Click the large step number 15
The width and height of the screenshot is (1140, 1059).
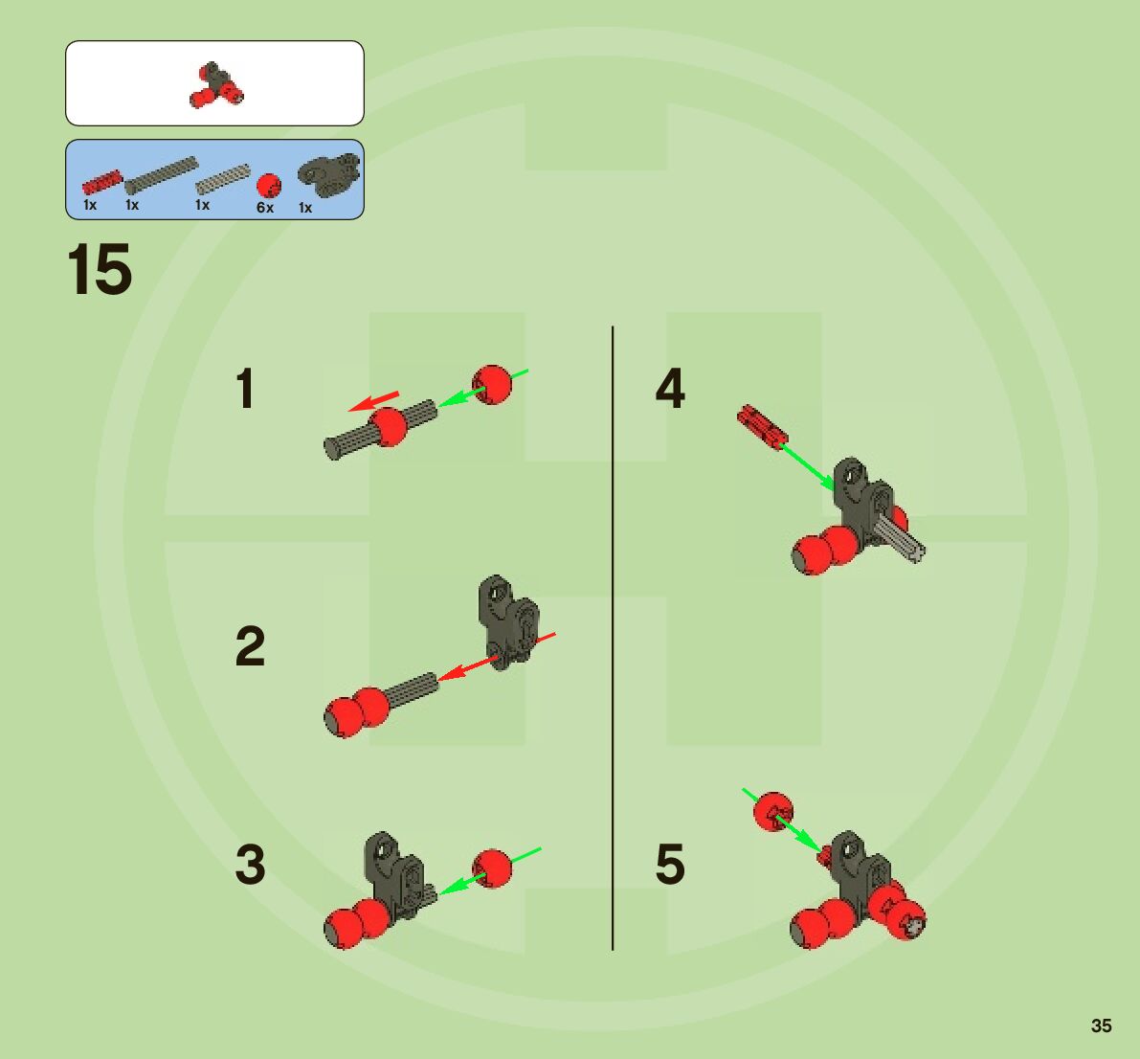(x=100, y=270)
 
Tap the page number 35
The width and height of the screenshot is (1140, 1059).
(x=1101, y=1025)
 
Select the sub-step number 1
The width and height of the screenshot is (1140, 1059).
(x=246, y=389)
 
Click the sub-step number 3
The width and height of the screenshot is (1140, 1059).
(x=250, y=864)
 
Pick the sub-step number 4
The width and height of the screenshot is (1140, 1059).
(x=670, y=389)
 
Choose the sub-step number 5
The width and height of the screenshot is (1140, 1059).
(x=670, y=864)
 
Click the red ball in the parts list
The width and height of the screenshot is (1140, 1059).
(x=269, y=186)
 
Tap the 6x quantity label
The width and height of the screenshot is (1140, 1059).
(x=265, y=208)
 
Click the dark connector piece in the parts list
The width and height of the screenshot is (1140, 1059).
(x=328, y=175)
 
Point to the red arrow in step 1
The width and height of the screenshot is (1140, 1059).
(x=373, y=401)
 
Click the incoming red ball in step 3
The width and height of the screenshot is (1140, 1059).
(x=493, y=867)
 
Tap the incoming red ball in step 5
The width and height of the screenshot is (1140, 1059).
(x=772, y=812)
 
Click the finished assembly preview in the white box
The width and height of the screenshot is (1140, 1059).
(x=216, y=84)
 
